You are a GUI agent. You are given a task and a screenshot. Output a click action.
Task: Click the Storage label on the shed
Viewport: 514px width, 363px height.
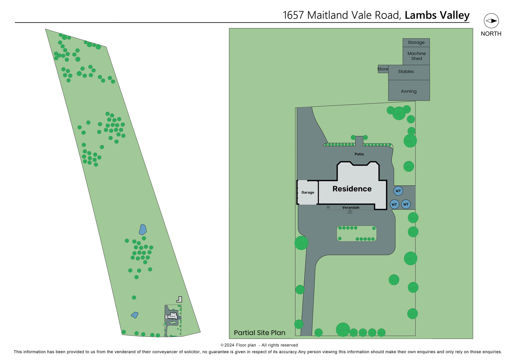[x=416, y=43]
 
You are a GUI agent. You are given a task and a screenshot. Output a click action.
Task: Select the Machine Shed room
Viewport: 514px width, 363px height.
[x=416, y=56]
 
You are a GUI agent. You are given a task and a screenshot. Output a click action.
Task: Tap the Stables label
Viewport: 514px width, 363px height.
[x=406, y=72]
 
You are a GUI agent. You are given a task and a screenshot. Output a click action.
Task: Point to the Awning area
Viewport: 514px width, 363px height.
[x=409, y=91]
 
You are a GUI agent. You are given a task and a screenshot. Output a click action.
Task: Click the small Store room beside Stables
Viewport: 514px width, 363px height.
[x=383, y=69]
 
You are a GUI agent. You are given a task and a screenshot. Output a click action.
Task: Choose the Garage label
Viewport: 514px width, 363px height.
[x=308, y=192]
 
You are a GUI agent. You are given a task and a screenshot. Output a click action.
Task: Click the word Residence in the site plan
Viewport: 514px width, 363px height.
[x=352, y=189]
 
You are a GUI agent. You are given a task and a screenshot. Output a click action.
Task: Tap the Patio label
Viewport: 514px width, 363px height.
[x=359, y=154]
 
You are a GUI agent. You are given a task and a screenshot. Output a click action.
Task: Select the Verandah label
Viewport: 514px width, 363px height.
[x=351, y=208]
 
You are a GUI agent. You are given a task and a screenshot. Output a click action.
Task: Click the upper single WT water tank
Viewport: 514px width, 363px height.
[x=398, y=191]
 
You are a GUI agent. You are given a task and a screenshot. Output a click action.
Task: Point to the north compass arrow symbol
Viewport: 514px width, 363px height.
[x=491, y=21]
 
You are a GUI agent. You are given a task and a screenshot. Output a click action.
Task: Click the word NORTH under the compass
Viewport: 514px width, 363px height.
[x=491, y=34]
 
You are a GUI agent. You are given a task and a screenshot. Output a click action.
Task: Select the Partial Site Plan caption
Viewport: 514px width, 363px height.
[x=259, y=333]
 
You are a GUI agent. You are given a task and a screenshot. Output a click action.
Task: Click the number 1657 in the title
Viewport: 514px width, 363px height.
[x=293, y=15]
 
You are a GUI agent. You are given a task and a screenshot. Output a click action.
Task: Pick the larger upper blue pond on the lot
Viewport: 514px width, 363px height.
[x=143, y=230]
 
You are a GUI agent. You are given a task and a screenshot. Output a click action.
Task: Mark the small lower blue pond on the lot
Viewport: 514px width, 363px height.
[x=135, y=315]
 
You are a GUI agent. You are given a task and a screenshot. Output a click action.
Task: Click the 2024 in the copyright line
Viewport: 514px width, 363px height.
[x=229, y=345]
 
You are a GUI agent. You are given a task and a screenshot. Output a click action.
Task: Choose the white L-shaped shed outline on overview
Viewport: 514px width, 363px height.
[x=180, y=300]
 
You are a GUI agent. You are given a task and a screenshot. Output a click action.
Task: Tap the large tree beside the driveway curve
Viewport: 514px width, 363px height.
[x=301, y=243]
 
